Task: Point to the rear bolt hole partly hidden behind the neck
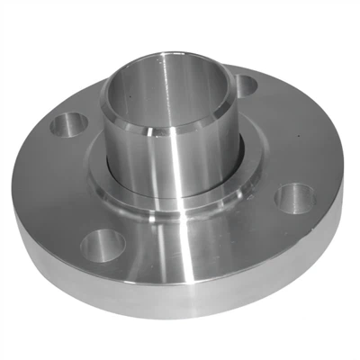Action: pyautogui.click(x=246, y=85)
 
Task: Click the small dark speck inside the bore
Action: pyautogui.click(x=132, y=93)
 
